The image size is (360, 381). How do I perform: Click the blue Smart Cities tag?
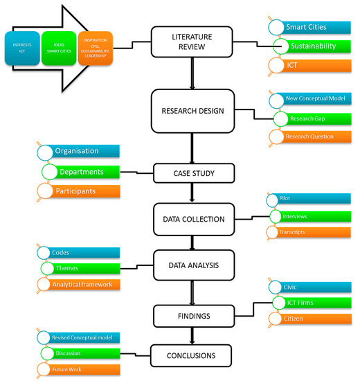(x=312, y=28)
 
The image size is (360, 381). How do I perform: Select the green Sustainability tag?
(x=312, y=46)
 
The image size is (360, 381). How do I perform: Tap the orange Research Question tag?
(x=312, y=136)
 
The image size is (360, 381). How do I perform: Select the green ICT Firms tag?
(x=312, y=301)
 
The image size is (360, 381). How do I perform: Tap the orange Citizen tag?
(x=312, y=318)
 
